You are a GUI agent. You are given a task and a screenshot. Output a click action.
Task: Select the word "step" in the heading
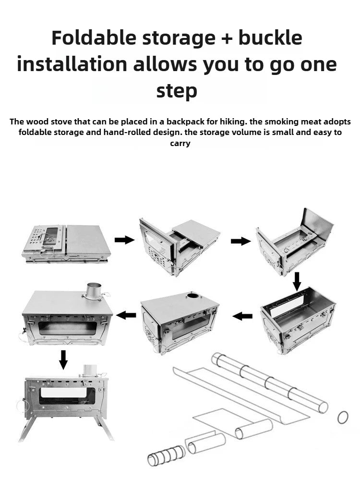coord(177,90)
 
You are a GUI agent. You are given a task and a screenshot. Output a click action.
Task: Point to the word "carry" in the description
coord(180,143)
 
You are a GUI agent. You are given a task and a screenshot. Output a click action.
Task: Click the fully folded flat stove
coord(66,243)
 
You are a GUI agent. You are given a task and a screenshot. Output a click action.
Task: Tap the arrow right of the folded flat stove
coord(124,240)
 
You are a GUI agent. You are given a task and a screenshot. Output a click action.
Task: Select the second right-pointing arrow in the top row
coord(240,241)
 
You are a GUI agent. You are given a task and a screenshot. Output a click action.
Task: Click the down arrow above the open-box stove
coord(297,281)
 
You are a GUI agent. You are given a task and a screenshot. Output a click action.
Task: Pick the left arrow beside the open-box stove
coord(243,316)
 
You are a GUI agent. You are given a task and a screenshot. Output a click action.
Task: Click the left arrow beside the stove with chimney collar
coord(126,315)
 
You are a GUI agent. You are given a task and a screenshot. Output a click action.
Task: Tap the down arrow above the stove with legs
coord(63,359)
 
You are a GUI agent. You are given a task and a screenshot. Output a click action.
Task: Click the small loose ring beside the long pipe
coord(343,417)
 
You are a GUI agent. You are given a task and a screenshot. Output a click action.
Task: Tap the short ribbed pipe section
coord(166,455)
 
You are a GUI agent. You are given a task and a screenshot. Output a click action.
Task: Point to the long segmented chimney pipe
coord(270,381)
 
